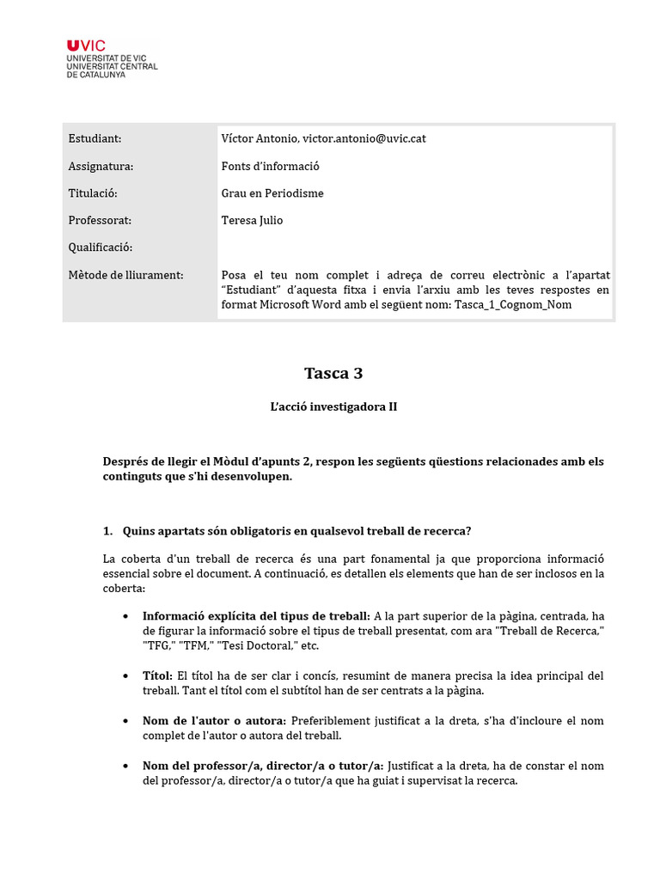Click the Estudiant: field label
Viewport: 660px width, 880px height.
(95, 138)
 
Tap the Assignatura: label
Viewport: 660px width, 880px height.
(101, 166)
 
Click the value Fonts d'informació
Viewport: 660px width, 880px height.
(270, 166)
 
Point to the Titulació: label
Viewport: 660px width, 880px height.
(93, 193)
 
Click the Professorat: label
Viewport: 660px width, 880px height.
(99, 221)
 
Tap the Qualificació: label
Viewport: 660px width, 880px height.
(101, 247)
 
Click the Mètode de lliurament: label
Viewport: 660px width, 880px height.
(125, 275)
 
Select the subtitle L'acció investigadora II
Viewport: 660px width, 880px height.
(333, 406)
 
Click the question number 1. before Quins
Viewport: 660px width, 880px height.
(107, 530)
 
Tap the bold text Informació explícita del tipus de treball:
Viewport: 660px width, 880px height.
(256, 616)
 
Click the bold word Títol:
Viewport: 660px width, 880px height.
(158, 675)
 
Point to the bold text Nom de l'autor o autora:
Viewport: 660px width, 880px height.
(216, 721)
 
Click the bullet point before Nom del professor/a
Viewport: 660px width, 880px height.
(126, 766)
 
